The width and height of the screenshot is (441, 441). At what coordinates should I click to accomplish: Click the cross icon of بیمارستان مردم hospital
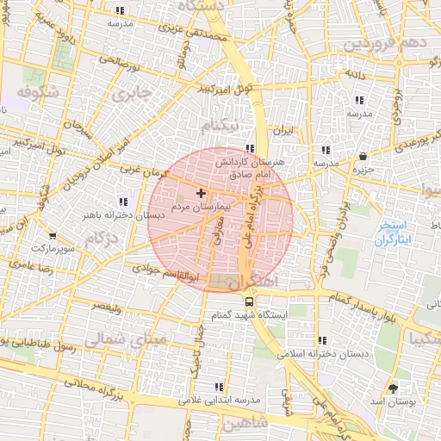202,194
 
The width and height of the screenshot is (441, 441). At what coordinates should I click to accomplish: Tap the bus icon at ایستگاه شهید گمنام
250,302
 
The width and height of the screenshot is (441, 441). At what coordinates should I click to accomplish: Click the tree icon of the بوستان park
394,388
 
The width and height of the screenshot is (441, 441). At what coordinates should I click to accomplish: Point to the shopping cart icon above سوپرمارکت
53,235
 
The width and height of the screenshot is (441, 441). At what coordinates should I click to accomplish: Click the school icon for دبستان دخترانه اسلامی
322,340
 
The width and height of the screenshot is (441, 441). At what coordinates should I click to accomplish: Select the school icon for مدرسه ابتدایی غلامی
219,387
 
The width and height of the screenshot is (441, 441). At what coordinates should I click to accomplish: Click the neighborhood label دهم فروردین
382,43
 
